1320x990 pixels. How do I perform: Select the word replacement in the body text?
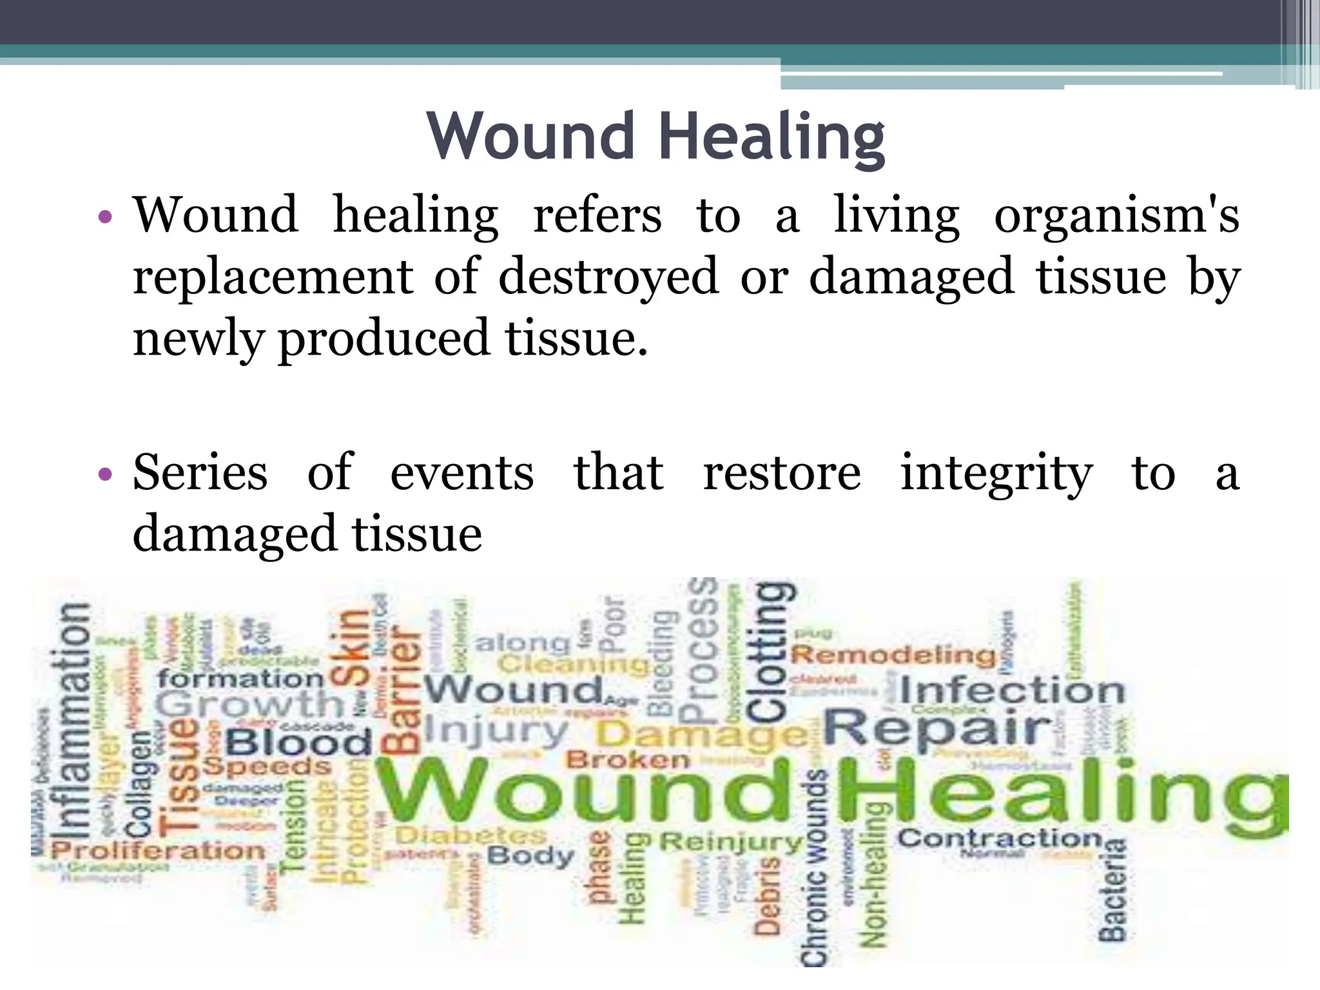273,277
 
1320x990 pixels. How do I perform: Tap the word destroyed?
608,277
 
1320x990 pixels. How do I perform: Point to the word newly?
197,338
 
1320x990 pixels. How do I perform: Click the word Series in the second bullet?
200,472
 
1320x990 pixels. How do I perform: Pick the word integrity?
996,472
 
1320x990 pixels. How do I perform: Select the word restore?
781,472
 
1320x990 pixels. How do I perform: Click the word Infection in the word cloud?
1012,691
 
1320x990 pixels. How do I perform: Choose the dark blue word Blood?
298,743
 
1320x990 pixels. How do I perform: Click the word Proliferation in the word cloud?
158,850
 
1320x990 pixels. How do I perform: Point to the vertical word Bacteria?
1112,889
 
